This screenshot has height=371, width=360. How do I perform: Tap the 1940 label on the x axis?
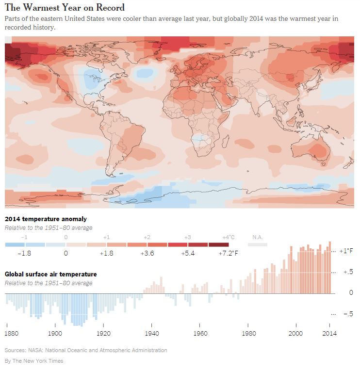click(152, 333)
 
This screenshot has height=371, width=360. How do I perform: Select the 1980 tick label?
click(248, 333)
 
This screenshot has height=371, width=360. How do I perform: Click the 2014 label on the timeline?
click(329, 333)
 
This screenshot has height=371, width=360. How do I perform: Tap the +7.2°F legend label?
click(228, 253)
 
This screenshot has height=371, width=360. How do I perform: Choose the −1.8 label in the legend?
click(25, 253)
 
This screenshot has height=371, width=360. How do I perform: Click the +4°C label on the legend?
click(229, 237)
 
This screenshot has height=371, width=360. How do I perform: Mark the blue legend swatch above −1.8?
click(25, 244)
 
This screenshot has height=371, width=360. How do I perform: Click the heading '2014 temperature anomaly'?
click(42, 219)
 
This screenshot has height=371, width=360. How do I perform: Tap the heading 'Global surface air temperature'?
click(50, 274)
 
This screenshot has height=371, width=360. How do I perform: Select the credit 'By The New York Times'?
click(34, 361)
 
